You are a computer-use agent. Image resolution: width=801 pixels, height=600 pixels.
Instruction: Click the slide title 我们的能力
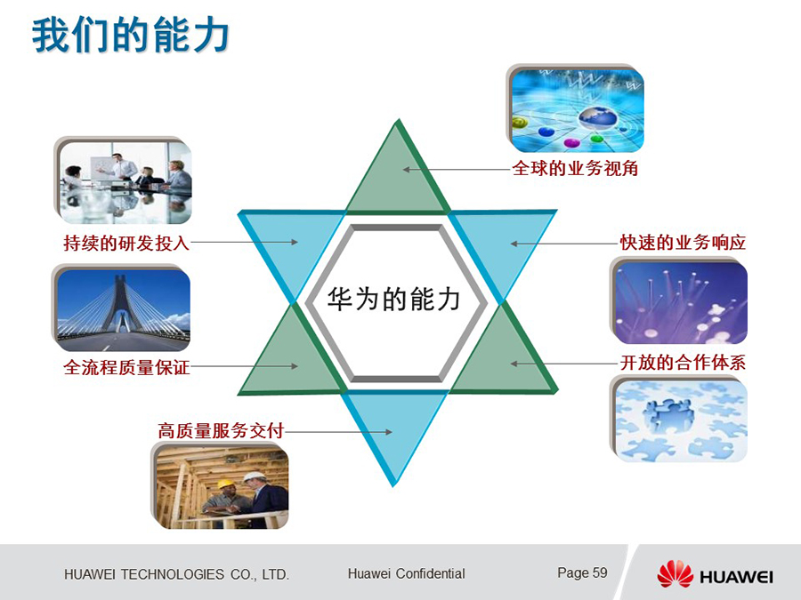tap(130, 35)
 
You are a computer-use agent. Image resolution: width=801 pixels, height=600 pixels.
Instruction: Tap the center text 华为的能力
tap(393, 299)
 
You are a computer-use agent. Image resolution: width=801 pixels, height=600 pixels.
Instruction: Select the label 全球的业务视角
tap(575, 168)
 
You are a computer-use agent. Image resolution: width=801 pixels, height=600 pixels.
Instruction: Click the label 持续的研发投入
tap(126, 243)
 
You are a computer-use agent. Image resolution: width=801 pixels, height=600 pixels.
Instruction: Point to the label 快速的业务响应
tap(683, 243)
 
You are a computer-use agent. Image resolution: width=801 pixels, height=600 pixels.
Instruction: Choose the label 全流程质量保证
tap(126, 367)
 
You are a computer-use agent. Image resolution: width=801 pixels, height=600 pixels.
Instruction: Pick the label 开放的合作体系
tap(683, 363)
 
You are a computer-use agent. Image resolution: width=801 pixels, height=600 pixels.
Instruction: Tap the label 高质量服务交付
tap(221, 430)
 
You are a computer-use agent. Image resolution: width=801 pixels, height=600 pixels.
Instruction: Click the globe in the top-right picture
tap(596, 118)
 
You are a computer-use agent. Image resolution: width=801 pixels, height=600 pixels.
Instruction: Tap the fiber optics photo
tap(679, 301)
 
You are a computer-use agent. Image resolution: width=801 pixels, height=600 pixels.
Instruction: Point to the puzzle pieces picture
tap(679, 419)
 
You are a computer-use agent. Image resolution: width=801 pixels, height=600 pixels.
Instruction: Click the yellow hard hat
tap(225, 484)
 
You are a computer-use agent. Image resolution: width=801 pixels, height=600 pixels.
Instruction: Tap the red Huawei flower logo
tap(675, 573)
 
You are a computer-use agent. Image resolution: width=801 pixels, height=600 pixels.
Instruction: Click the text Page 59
tap(582, 572)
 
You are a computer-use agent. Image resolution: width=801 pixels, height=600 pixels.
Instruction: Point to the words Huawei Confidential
tap(406, 573)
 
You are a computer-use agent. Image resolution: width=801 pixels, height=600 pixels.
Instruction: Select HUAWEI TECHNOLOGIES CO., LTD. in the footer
tap(177, 574)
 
